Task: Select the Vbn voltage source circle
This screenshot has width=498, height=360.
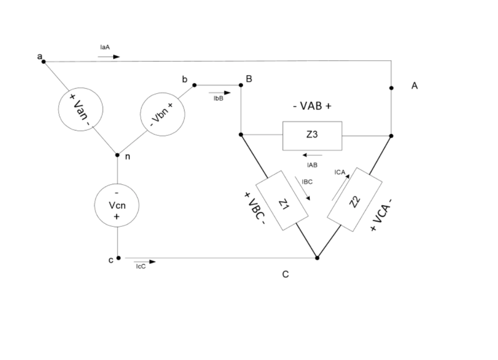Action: (x=163, y=114)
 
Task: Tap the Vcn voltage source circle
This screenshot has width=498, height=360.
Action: (x=116, y=205)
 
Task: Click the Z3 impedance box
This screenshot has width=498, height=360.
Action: (x=312, y=136)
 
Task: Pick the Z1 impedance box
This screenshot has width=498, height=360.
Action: (x=282, y=200)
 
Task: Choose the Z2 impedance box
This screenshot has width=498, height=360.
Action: (x=354, y=199)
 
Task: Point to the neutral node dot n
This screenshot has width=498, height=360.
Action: (x=117, y=155)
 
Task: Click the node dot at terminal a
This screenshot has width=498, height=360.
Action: (x=43, y=61)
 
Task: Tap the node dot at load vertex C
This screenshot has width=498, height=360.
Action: (x=317, y=258)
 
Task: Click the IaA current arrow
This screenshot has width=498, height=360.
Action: (x=109, y=57)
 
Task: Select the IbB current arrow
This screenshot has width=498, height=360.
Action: (x=221, y=93)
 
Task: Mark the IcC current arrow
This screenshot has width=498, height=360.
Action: (x=145, y=261)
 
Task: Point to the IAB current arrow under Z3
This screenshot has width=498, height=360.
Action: (x=312, y=155)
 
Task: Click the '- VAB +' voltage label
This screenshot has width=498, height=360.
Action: (x=312, y=106)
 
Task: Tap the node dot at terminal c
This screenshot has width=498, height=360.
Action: (x=118, y=258)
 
